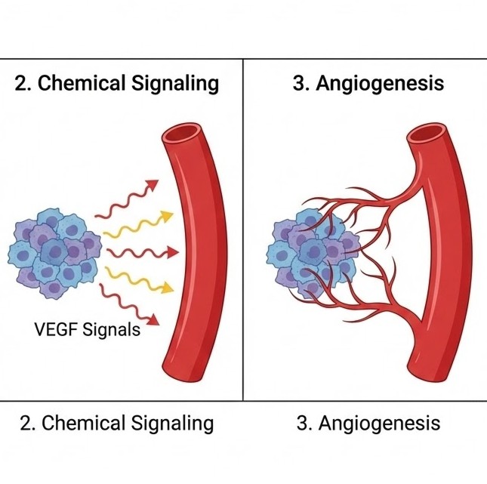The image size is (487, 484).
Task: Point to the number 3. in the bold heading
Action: tap(301, 83)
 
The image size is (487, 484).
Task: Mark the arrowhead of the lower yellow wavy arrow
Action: tap(167, 286)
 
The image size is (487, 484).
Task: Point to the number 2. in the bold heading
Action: tap(23, 83)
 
